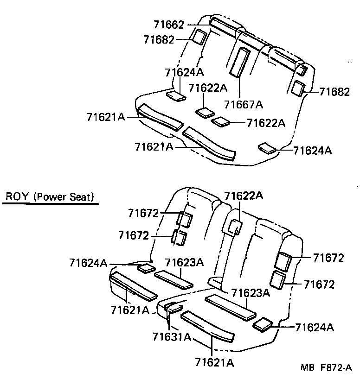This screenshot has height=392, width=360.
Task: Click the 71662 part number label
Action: [x=168, y=25]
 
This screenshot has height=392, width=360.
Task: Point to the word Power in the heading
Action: [x=52, y=197]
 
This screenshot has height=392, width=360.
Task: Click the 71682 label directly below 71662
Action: [x=159, y=39]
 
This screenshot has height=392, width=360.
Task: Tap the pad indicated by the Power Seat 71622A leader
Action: [x=236, y=227]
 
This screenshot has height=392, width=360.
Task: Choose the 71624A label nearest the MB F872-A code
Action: [x=314, y=327]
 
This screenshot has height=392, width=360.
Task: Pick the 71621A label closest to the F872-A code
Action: [x=214, y=362]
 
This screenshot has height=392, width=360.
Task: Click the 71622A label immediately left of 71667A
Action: [x=208, y=88]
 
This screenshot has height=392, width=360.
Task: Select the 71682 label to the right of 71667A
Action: [x=334, y=92]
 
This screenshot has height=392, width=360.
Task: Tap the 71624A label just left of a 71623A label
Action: [x=88, y=263]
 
